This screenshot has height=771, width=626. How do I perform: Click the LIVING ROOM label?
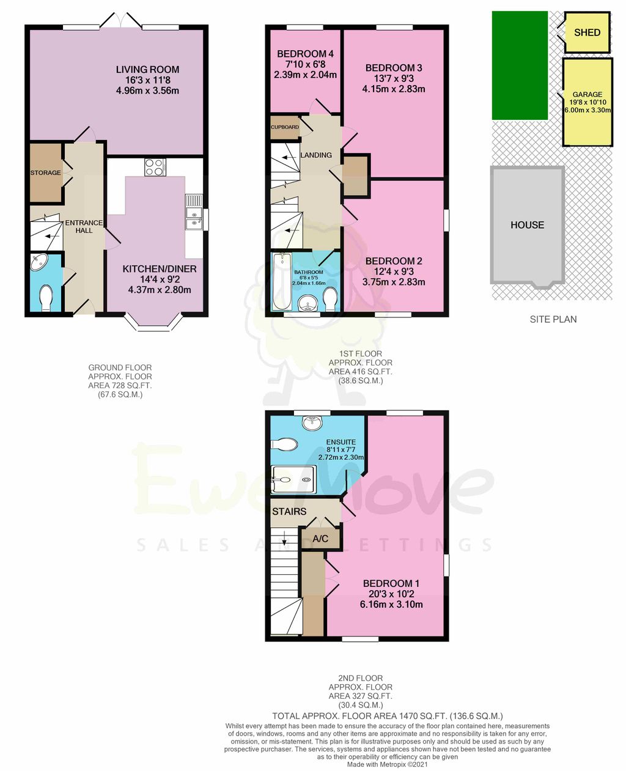point(147,70)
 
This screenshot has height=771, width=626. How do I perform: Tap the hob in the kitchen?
point(155,167)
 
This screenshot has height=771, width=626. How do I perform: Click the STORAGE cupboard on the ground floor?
point(46,173)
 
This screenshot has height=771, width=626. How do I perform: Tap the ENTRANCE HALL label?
point(84,226)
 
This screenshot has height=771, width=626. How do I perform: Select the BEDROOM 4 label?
point(305,54)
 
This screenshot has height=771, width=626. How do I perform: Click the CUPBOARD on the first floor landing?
point(285,127)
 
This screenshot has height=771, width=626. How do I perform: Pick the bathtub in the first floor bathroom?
point(282,281)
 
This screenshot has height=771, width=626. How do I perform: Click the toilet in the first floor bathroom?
point(331,298)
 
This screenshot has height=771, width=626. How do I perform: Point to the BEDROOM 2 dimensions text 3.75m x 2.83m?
point(394,282)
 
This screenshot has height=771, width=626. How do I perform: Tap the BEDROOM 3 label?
point(394,68)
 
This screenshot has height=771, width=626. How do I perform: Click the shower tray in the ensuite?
point(294,479)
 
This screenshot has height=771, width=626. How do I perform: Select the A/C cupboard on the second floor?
point(320,539)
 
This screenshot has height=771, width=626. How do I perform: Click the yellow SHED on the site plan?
point(587,32)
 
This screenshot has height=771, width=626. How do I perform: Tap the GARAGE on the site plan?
point(587,102)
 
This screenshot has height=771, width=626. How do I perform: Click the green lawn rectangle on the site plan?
point(520,65)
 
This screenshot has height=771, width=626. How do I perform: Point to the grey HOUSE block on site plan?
point(527,225)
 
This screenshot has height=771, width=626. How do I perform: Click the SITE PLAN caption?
point(553,319)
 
